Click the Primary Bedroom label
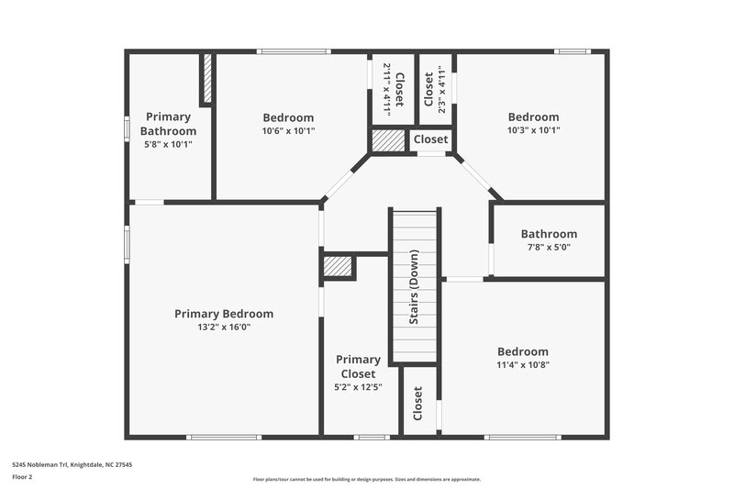(224, 314)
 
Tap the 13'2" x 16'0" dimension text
(224, 327)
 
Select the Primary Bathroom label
(169, 124)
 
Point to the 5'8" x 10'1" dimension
(169, 144)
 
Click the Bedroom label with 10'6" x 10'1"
(288, 117)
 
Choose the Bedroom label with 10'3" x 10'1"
(533, 117)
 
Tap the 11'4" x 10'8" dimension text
(523, 364)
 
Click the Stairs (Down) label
(415, 286)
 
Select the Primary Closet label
(358, 366)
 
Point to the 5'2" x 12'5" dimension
(358, 387)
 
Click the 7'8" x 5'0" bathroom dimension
(549, 247)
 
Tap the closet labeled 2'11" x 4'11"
(392, 89)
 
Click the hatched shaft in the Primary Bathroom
(206, 79)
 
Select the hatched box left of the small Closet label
(388, 140)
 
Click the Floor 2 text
(23, 477)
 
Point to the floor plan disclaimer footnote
(367, 479)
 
